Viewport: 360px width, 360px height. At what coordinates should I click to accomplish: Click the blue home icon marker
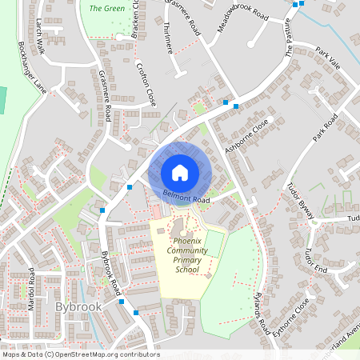[x=180, y=173]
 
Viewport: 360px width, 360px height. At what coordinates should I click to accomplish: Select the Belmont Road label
[x=186, y=196]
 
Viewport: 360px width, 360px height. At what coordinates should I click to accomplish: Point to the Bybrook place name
[x=78, y=306]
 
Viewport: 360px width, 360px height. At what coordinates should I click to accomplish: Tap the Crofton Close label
[x=146, y=86]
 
